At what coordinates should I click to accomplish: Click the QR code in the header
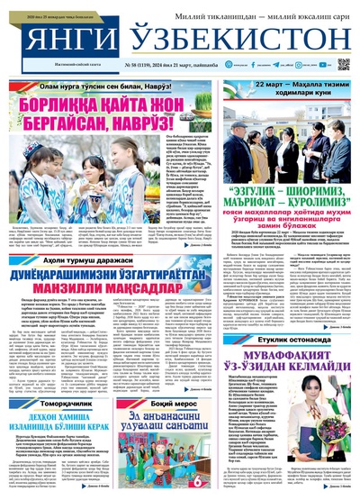(x=344, y=65)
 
